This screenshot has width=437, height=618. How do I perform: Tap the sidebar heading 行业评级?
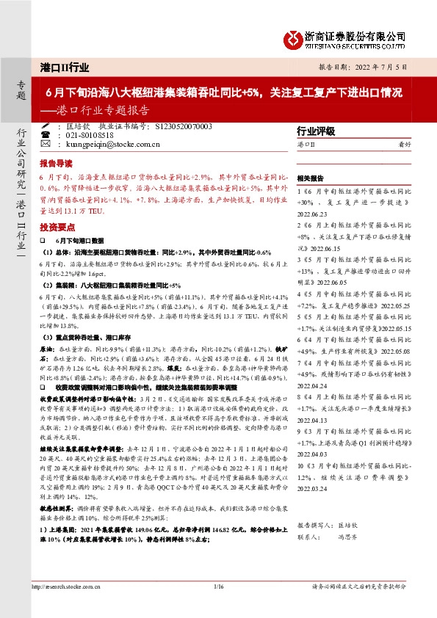click(315, 131)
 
